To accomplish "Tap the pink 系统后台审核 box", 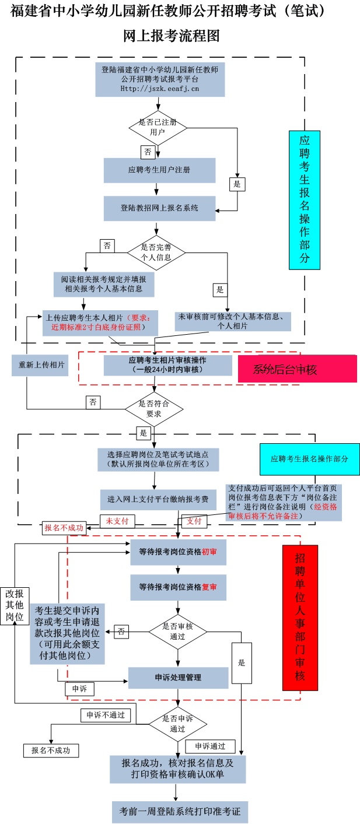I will point(297,369).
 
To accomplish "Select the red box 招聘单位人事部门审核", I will point(300,617).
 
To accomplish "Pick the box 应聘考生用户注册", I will point(159,170).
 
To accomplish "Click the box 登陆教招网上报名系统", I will point(159,208).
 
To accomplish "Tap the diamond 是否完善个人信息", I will point(156,252).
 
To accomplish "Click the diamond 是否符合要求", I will point(154,408).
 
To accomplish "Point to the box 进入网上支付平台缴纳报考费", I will point(158,500).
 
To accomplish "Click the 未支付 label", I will point(117,521).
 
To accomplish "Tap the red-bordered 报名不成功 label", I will point(64,528).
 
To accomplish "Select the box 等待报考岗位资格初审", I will point(178,552).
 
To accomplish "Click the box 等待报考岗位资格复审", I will point(178,587).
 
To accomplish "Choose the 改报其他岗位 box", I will point(15,605).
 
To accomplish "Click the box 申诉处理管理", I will point(178,678).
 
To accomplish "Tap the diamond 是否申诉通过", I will point(177,724).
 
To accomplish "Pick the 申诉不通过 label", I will point(106,714).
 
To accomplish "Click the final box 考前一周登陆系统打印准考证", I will point(180,811).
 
